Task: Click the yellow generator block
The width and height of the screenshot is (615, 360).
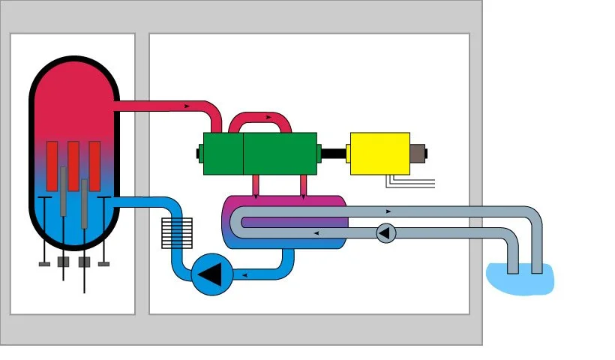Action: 379,153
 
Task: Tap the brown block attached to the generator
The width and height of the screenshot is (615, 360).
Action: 417,153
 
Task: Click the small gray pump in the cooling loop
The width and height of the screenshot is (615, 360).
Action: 385,233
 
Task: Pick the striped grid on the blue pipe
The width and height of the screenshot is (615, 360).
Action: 177,233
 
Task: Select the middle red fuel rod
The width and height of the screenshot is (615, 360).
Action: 73,161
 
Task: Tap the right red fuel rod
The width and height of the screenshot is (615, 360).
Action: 95,161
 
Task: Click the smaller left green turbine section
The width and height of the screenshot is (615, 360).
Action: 223,153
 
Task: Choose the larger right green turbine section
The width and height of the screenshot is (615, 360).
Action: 279,153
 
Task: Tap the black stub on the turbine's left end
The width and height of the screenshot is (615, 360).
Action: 199,154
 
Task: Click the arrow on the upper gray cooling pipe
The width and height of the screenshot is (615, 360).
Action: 388,211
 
